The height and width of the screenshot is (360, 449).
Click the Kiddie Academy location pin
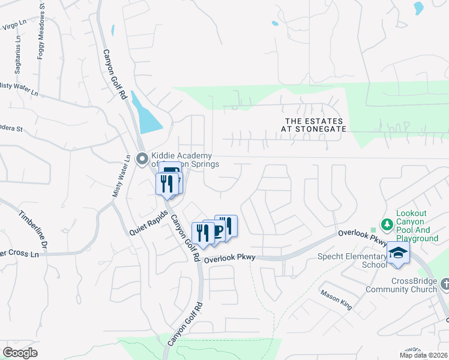coord(142,159)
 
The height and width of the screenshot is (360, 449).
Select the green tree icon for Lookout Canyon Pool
coord(387,224)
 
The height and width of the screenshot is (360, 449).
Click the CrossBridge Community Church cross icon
coord(445,283)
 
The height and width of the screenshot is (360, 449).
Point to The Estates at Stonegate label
coord(315,125)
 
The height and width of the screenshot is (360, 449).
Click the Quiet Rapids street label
coord(148,223)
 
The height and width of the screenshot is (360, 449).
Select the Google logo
coord(20,353)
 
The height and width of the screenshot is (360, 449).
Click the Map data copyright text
coord(424,355)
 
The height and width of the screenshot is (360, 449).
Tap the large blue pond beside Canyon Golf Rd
coord(147,115)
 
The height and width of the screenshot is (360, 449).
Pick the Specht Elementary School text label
coord(351,260)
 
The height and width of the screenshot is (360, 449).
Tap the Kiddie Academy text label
coord(183,159)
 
